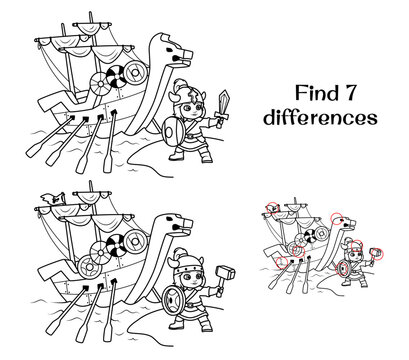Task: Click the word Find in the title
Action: pos(314,93)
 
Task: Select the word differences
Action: pos(320,117)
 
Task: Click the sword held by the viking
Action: pos(222,108)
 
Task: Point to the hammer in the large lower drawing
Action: pos(224,278)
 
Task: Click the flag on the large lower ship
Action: pos(53,199)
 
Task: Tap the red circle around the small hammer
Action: pos(378,254)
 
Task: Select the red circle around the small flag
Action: pos(272,208)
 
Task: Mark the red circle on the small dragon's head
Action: pos(336,218)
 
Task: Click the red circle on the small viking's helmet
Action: pos(357,246)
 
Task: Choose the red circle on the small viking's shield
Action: pos(341,269)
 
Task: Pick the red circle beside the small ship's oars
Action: pos(282,263)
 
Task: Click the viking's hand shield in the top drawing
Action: pos(173,131)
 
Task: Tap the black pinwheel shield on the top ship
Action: pos(116,77)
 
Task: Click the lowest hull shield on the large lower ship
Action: pos(88,268)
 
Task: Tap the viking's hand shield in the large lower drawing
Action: pos(173,300)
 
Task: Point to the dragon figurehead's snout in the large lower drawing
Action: pos(186,224)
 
